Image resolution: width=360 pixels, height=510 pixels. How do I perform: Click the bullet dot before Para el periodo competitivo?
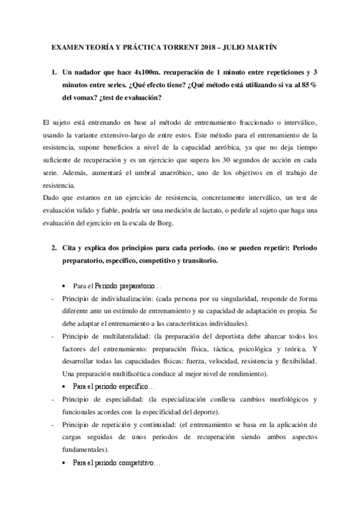[x=64, y=464]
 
